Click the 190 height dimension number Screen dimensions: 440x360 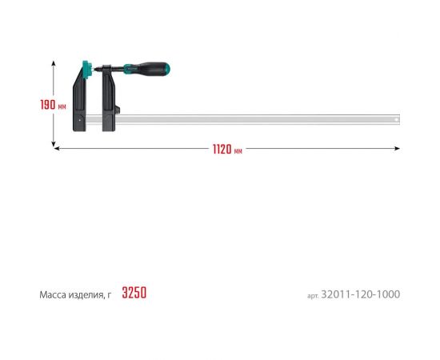(x=48, y=105)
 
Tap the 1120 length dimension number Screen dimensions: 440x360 (x=222, y=150)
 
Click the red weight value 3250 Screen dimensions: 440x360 (x=134, y=293)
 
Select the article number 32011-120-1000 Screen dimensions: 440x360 (x=361, y=294)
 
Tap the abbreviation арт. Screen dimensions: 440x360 (x=313, y=296)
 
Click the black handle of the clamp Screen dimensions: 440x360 (x=150, y=68)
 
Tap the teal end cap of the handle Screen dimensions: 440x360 (x=167, y=69)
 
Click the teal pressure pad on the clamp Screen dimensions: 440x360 (x=88, y=69)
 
